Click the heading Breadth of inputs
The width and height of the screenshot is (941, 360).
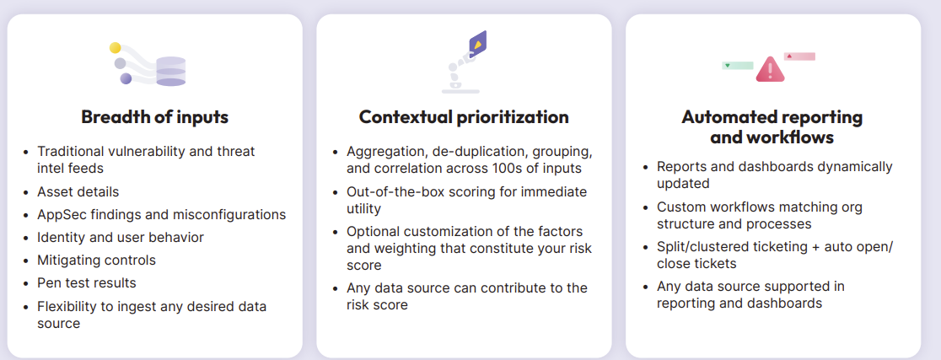click(155, 116)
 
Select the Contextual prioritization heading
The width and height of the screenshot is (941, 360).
click(464, 116)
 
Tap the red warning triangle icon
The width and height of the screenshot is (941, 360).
click(770, 69)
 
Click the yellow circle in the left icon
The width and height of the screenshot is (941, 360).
click(116, 48)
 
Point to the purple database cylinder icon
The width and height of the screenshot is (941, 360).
click(171, 72)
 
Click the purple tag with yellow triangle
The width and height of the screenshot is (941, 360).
click(477, 43)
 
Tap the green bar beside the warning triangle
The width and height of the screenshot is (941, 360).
click(738, 66)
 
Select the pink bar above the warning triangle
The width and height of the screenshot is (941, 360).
click(799, 56)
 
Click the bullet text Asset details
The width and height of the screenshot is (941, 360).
click(78, 192)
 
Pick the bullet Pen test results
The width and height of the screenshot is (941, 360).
click(86, 282)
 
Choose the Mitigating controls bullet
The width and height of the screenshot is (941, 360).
click(97, 260)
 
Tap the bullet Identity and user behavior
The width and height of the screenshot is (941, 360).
click(121, 238)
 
